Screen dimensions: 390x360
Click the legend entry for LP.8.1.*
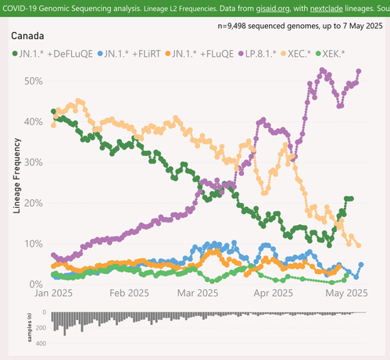[257, 54]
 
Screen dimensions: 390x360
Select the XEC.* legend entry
[295, 54]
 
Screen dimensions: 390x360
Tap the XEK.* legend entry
[330, 54]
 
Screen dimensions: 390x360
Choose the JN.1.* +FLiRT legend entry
[129, 54]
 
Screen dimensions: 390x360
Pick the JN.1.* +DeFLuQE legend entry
[52, 54]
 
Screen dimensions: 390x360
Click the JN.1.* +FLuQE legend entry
[199, 54]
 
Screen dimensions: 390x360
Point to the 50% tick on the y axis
[34, 81]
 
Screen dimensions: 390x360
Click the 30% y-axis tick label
[34, 162]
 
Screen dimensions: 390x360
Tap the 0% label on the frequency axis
[36, 284]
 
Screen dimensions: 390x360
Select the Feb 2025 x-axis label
[129, 293]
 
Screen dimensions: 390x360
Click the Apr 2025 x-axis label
[274, 293]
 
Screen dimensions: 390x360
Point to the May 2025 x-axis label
[346, 293]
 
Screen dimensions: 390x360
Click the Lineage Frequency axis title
[16, 176]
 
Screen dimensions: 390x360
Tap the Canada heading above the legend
[27, 36]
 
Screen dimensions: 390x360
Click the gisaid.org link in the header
[273, 9]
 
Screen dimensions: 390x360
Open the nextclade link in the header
[327, 9]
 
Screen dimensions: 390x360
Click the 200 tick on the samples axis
[41, 328]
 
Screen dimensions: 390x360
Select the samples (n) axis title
[30, 328]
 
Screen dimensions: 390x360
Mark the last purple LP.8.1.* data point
[359, 71]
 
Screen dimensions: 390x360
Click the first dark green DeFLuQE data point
[53, 112]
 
